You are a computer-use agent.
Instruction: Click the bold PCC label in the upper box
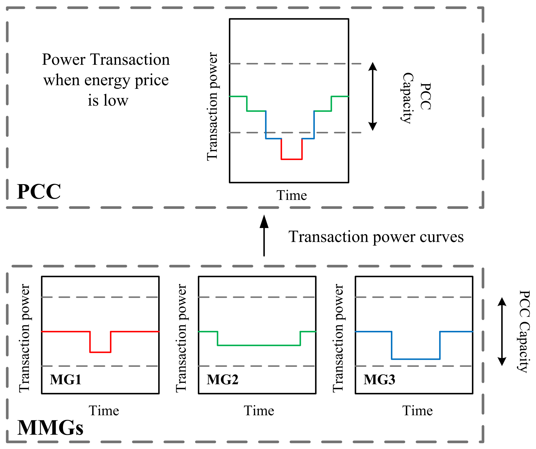[39, 191]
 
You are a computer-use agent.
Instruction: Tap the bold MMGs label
[50, 428]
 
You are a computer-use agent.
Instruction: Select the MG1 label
[65, 379]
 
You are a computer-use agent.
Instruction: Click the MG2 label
[222, 379]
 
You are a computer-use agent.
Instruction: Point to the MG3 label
[379, 379]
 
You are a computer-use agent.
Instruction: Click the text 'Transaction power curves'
[376, 236]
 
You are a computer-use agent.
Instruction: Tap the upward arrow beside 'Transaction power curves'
[264, 235]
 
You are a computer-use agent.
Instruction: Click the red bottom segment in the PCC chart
[291, 159]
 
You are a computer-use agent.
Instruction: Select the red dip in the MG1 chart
[100, 352]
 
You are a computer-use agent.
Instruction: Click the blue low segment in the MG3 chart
[415, 359]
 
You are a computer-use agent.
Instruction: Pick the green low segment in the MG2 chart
[259, 345]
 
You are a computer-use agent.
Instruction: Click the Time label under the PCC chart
[291, 195]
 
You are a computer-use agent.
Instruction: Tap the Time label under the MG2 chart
[259, 411]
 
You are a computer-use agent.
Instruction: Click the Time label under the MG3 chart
[417, 411]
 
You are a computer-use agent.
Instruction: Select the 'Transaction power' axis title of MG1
[24, 338]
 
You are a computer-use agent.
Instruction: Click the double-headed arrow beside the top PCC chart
[373, 96]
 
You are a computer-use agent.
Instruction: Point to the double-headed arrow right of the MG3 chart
[501, 332]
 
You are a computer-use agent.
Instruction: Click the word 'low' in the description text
[116, 100]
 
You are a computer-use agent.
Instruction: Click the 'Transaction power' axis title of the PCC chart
[212, 106]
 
